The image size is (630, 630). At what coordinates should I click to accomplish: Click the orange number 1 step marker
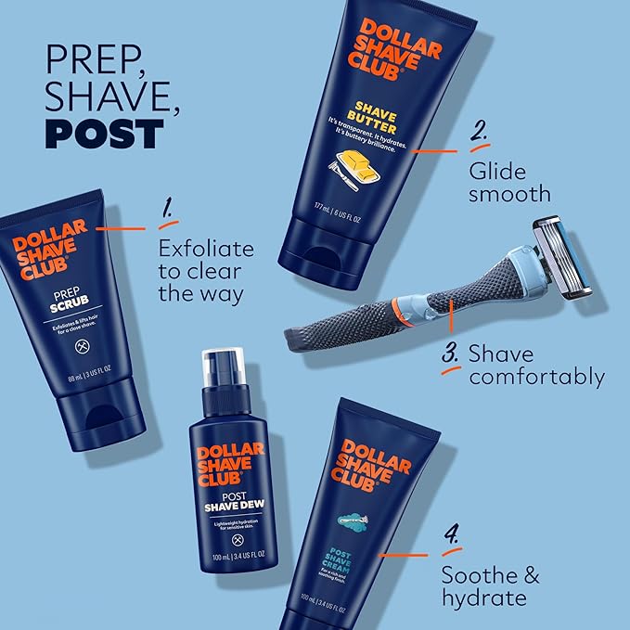click(x=167, y=212)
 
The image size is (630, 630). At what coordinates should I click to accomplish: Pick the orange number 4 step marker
click(x=452, y=535)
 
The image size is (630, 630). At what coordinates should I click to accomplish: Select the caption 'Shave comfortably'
click(x=536, y=365)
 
